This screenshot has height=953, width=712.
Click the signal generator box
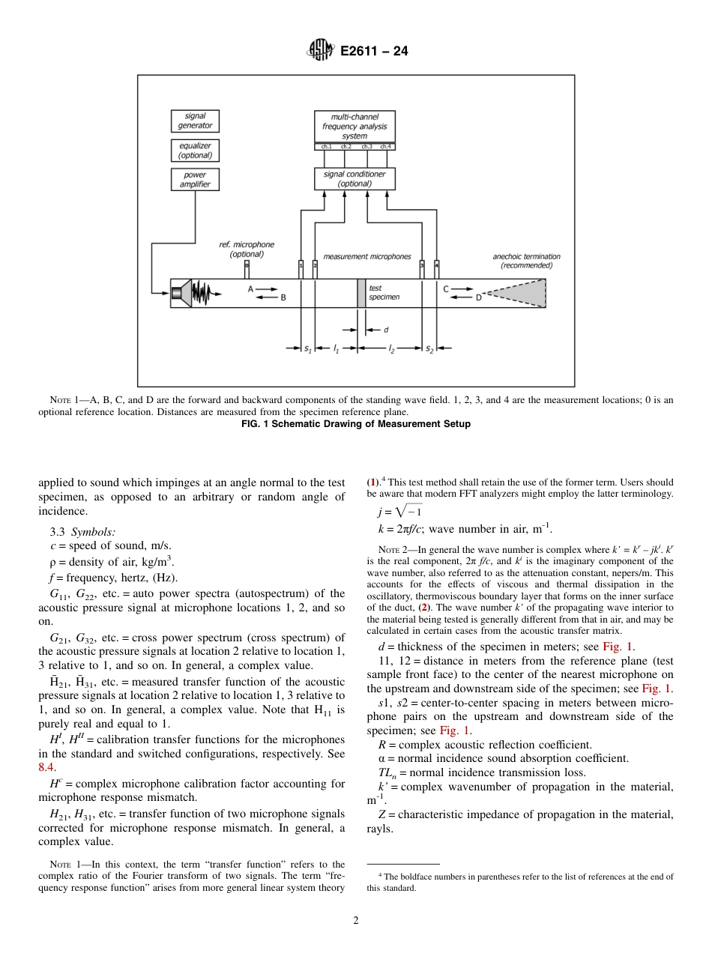195,121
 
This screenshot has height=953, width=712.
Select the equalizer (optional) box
195,151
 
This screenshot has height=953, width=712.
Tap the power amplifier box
195,180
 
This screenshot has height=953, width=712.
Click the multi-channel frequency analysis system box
355,127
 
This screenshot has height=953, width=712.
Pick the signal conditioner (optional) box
355,178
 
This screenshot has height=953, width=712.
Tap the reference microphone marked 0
247,265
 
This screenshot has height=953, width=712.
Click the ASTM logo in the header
321,51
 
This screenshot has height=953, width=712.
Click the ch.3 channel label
366,147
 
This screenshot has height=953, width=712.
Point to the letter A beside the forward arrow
250,288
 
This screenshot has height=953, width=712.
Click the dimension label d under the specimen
386,330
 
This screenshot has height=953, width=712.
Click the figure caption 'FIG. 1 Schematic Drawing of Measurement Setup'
355,424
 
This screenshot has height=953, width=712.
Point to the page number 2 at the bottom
355,920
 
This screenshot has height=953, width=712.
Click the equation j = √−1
400,512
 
